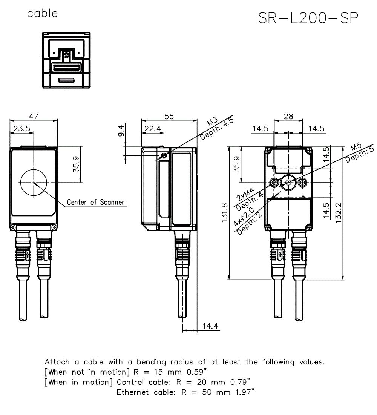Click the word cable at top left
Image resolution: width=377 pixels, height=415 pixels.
(x=43, y=14)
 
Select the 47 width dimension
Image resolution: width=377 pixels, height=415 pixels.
(x=34, y=117)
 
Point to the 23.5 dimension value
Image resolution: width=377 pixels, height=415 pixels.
(x=21, y=128)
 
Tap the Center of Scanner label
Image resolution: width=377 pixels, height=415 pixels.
(x=95, y=203)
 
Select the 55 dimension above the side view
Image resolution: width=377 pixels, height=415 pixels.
(x=169, y=117)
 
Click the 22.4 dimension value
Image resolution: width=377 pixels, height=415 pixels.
(x=152, y=129)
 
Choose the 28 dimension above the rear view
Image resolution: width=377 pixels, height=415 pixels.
(x=288, y=117)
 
